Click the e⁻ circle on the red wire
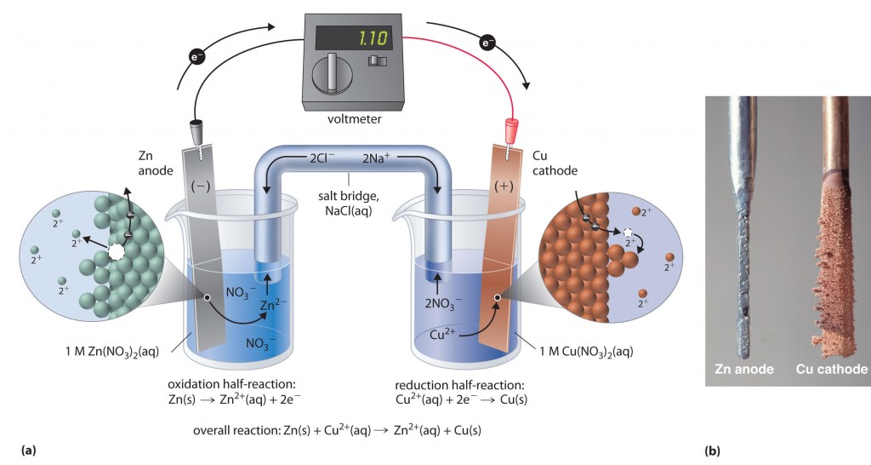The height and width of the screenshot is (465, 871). [x=489, y=42]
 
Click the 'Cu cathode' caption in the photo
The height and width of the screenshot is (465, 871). [x=831, y=369]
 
